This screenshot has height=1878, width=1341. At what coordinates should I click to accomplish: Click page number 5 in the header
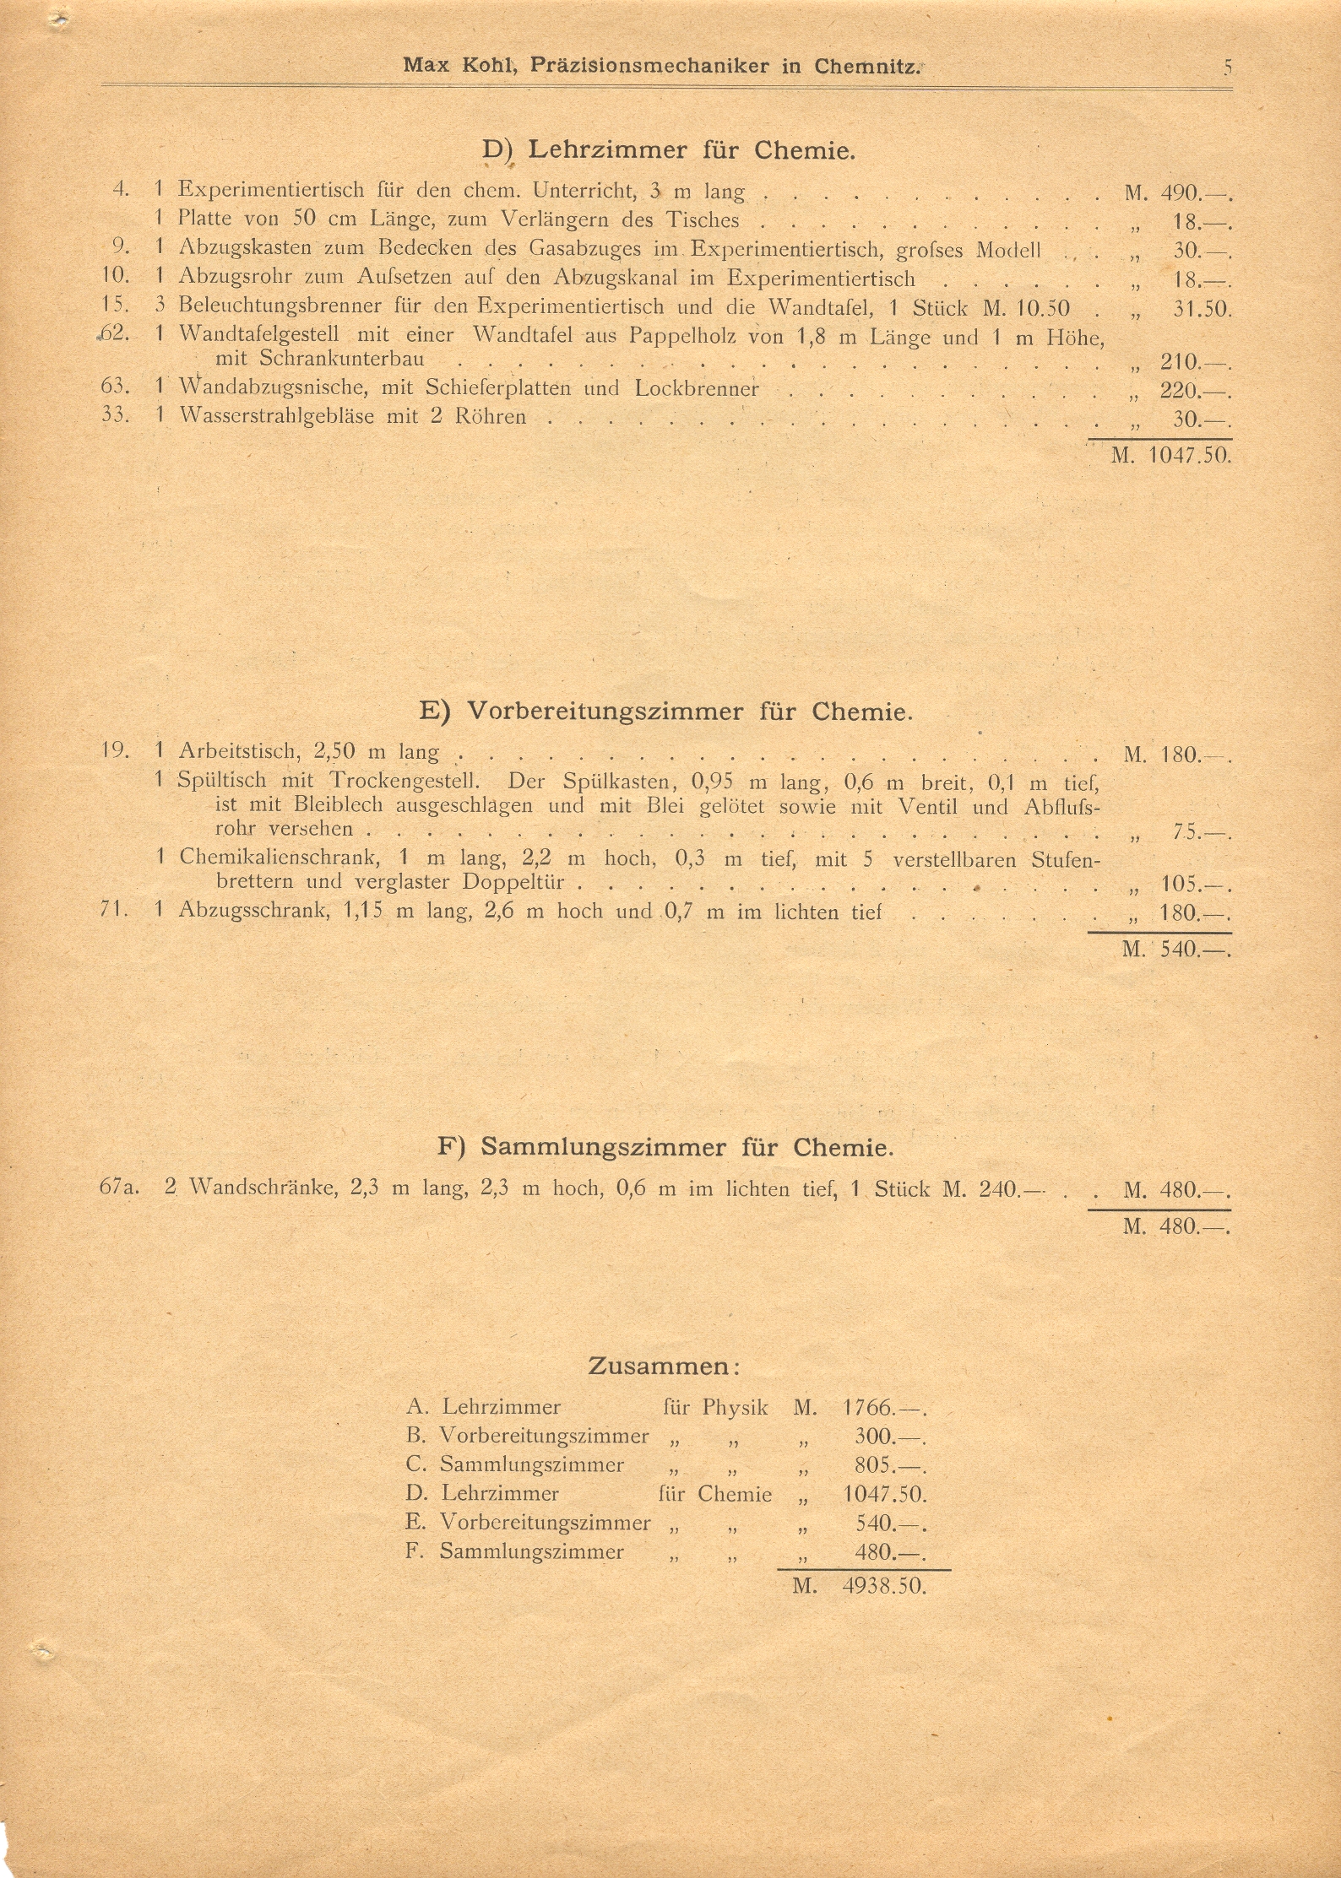1227,68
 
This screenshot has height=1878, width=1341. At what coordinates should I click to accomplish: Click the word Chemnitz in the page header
866,67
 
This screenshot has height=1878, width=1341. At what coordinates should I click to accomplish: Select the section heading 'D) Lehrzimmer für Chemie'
669,150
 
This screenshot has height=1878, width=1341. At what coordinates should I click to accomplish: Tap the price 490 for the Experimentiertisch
1180,193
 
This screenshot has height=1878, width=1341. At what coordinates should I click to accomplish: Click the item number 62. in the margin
113,333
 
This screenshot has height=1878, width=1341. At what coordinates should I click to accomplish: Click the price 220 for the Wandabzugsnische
1180,391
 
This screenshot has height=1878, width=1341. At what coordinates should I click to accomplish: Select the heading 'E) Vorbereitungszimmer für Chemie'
666,712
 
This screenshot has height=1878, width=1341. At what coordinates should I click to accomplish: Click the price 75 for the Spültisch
1186,833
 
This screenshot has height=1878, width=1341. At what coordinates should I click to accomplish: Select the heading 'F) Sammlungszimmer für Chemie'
665,1148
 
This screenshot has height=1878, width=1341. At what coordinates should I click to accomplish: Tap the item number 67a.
119,1189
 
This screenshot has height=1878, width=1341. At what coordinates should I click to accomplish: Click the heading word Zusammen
659,1367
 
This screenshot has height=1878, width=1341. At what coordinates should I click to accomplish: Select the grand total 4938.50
883,1586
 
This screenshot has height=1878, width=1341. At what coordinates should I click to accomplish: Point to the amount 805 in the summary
874,1465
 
